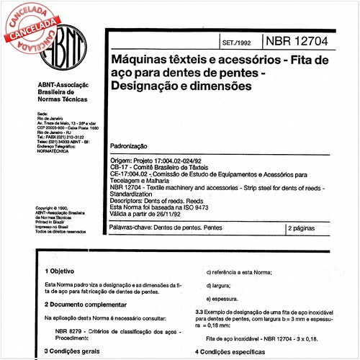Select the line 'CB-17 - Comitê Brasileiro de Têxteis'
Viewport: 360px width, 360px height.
(x=165, y=167)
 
